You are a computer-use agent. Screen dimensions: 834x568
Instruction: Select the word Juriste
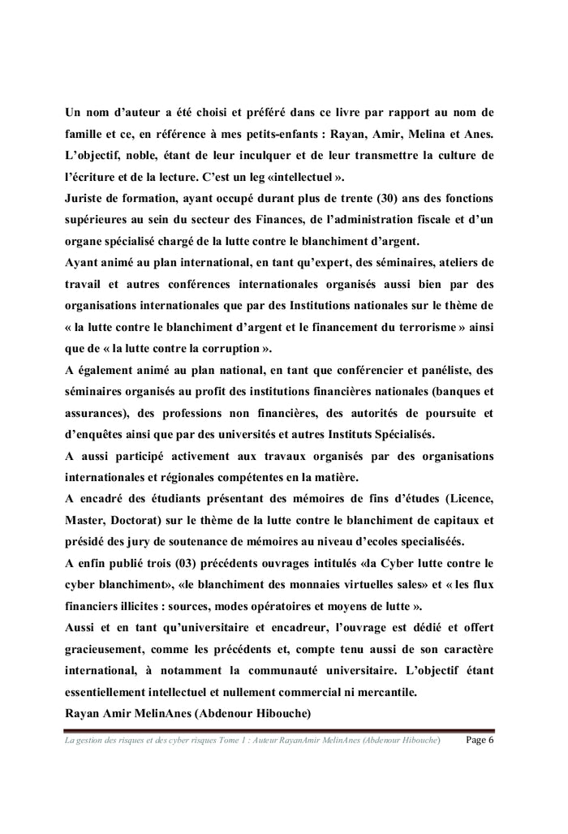pos(88,197)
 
